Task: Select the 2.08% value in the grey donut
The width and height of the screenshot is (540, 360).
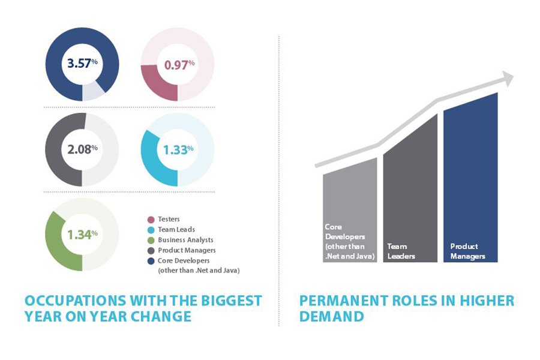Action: pyautogui.click(x=83, y=148)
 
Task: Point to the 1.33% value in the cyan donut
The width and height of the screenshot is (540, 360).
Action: pyautogui.click(x=178, y=149)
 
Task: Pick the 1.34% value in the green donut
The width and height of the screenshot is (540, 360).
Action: pyautogui.click(x=82, y=234)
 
